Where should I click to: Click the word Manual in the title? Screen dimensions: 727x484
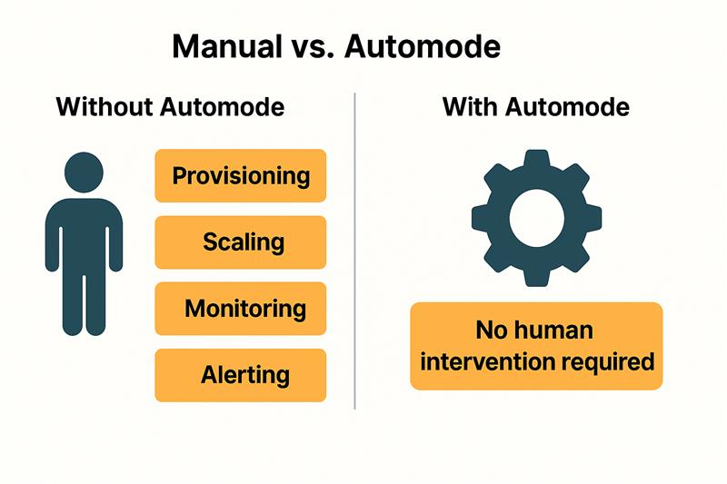tap(226, 46)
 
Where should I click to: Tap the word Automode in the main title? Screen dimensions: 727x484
tap(423, 46)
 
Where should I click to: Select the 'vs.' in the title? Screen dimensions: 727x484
tap(313, 48)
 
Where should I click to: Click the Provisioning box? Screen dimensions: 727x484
tap(241, 175)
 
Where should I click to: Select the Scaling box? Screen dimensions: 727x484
tap(241, 242)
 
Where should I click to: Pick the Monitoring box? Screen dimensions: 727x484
tap(241, 309)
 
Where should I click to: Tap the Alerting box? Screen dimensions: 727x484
tap(241, 375)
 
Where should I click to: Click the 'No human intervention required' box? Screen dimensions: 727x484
tap(536, 346)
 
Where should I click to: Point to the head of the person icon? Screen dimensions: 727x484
tap(84, 173)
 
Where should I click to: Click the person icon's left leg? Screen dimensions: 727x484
tap(73, 301)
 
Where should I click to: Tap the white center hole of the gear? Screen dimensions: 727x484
tap(537, 218)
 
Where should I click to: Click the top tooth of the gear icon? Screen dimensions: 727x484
tap(537, 161)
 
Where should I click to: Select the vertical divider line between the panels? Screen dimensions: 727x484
tap(355, 251)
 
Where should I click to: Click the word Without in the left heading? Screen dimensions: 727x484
tap(105, 107)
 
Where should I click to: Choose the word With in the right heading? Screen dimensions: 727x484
tap(471, 107)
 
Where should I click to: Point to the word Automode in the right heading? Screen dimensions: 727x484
tap(567, 107)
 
